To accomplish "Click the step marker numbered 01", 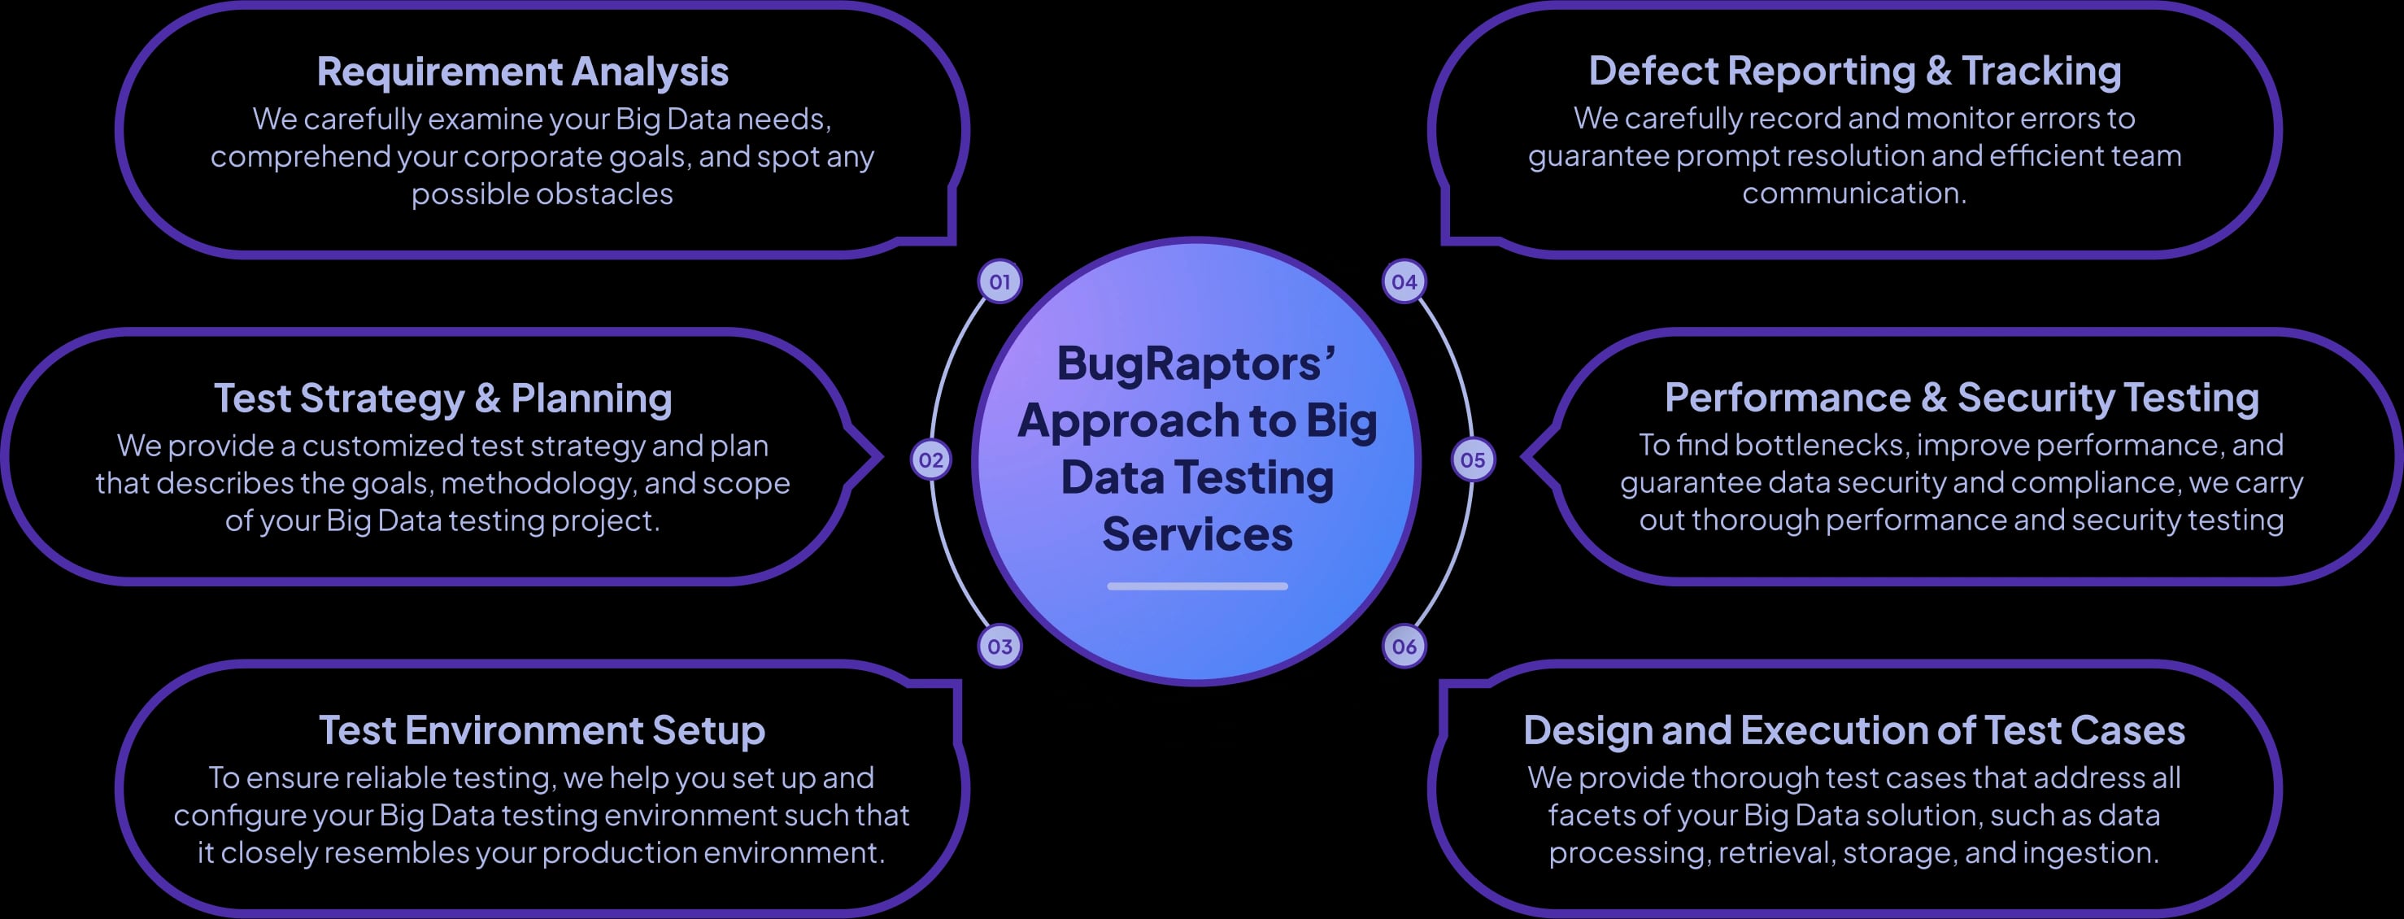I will click(x=999, y=281).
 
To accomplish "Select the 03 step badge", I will click(x=999, y=646).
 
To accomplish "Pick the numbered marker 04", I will click(x=1404, y=281).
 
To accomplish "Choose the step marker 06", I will click(x=1404, y=646).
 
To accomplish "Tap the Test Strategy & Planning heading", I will click(x=442, y=399).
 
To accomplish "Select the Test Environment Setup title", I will click(x=542, y=730).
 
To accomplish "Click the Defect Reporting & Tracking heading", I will click(x=1854, y=71).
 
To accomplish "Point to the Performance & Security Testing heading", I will click(x=1962, y=398).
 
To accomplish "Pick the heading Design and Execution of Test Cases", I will click(x=1853, y=730).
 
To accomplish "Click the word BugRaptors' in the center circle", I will click(x=1195, y=363).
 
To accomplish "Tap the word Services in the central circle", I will click(x=1197, y=534).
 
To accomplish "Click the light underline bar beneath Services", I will click(x=1197, y=586).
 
